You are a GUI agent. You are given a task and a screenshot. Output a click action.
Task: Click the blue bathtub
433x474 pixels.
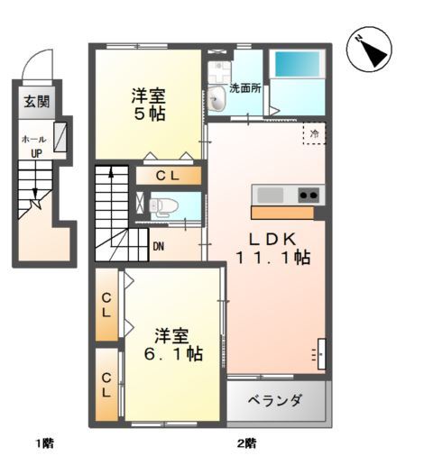pos(297,63)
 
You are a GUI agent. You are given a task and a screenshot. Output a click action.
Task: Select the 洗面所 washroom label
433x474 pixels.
pos(244,89)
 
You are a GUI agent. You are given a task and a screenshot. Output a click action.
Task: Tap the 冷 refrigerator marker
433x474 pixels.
pos(314,134)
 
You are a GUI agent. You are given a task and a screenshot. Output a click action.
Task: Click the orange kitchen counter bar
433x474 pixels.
pos(282,213)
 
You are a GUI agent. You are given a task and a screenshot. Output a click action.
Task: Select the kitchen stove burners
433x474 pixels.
pos(308,195)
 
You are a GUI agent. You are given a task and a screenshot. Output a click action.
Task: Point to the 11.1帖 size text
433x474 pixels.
pos(273,259)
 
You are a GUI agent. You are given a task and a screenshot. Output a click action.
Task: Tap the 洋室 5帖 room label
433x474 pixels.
pos(147,105)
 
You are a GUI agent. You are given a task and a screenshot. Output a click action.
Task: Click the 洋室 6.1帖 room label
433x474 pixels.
pos(177,345)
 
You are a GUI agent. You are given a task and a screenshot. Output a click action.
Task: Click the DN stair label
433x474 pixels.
pos(158,245)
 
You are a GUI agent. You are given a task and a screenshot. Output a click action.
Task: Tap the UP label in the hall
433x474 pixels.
pos(37,153)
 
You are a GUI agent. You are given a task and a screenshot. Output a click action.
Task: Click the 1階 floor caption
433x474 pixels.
pos(45,442)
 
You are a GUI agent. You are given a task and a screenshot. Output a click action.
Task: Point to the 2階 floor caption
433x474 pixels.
pos(247,442)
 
